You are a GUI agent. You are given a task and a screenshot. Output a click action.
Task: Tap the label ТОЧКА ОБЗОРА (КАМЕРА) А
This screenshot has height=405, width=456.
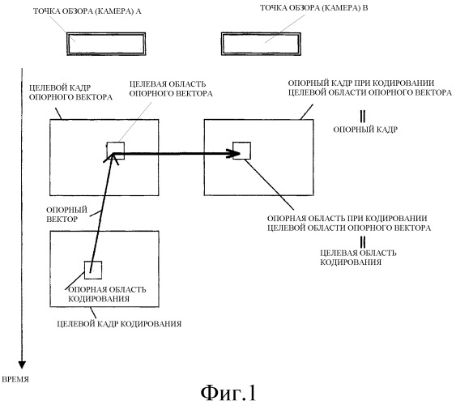(87, 11)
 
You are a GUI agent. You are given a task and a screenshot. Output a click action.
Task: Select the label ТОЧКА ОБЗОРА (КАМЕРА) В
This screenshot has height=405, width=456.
(313, 8)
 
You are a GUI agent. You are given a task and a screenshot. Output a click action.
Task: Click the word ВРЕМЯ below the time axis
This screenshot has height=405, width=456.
(15, 379)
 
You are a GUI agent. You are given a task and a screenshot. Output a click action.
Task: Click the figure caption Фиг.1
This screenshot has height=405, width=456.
(228, 393)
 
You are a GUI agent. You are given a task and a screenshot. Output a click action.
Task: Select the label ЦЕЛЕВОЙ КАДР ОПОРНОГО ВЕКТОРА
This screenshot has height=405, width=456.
(70, 92)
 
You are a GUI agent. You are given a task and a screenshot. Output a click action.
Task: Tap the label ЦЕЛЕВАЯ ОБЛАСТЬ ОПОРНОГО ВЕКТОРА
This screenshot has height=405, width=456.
(171, 88)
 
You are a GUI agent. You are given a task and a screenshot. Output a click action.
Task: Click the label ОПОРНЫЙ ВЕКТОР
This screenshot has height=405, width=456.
(67, 215)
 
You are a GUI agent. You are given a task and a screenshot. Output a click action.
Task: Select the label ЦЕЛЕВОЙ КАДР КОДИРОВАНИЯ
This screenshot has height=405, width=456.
(119, 323)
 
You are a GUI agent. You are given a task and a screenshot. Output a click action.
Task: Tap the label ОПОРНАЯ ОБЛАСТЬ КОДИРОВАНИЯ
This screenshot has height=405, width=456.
(107, 294)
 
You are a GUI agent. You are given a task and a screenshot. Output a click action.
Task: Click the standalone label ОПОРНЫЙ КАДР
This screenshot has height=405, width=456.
(365, 130)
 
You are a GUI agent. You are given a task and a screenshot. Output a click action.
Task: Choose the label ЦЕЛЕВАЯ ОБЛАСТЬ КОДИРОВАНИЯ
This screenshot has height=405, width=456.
(358, 258)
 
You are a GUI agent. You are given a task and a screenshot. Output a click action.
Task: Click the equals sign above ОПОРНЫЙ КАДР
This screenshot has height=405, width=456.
(362, 117)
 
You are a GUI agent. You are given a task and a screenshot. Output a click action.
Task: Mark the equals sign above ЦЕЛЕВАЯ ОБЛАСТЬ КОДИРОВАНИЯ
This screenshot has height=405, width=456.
(362, 242)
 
